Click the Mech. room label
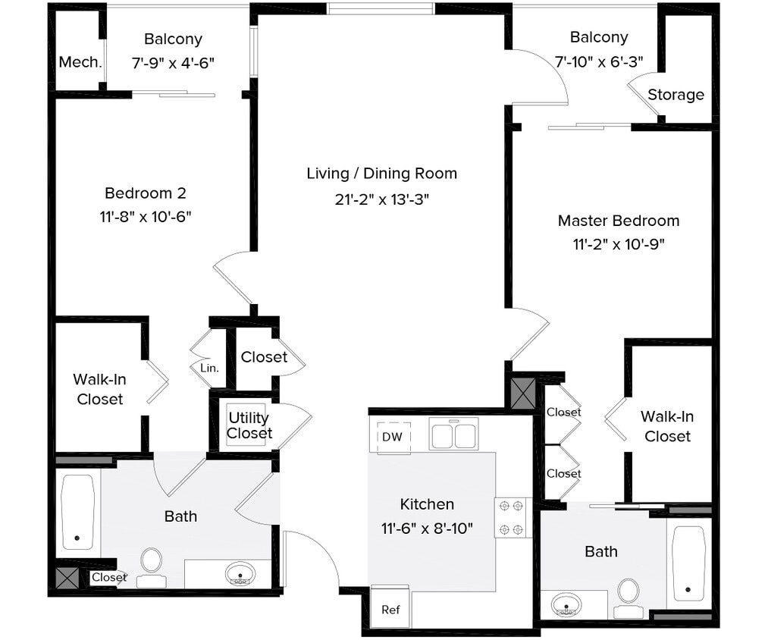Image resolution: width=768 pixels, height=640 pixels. click(80, 62)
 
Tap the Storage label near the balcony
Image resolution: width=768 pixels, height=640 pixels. click(676, 95)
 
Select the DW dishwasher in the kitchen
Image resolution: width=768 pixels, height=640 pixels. click(392, 437)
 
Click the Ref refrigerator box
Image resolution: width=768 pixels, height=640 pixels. click(390, 609)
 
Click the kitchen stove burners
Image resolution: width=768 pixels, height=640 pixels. click(513, 517)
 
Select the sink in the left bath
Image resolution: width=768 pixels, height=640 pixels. click(240, 573)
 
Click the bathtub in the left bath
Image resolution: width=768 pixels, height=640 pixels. click(78, 512)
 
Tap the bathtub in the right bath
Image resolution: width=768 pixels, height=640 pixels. click(688, 563)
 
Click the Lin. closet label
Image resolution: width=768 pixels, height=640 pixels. click(209, 368)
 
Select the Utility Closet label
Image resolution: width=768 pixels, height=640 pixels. click(249, 425)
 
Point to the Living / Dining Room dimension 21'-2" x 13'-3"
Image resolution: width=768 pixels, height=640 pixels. click(381, 199)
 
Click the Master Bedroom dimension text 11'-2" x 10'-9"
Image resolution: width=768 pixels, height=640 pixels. click(619, 244)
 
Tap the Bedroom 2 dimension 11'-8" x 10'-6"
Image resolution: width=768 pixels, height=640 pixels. click(145, 217)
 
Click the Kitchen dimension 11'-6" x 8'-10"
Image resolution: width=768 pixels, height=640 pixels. click(428, 528)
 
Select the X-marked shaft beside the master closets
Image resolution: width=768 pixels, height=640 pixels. click(522, 394)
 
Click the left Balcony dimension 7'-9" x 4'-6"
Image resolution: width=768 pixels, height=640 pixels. click(173, 63)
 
